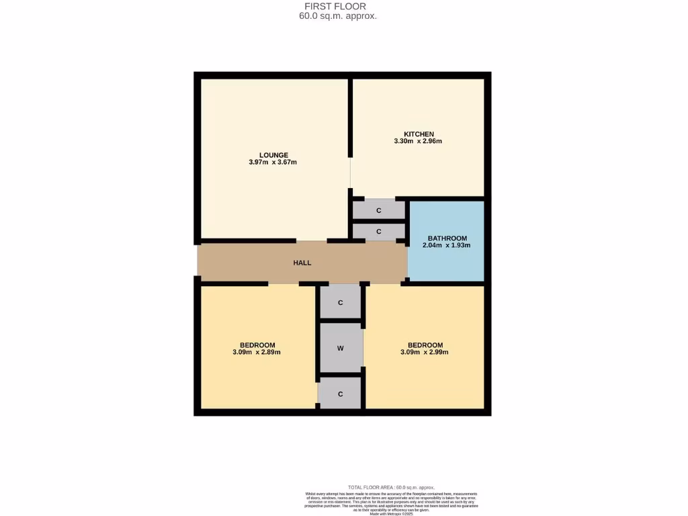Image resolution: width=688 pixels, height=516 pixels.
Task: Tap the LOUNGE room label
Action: click(273, 155)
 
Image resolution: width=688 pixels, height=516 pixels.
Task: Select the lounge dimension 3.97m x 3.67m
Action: click(273, 163)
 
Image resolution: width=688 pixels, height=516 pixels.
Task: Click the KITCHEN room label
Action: click(418, 134)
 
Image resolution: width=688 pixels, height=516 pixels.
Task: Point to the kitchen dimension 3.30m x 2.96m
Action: click(418, 141)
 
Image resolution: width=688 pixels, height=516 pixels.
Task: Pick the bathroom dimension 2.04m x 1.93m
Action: click(446, 246)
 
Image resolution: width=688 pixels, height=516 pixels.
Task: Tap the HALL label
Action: click(302, 263)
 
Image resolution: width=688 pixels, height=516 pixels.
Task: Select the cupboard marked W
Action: click(341, 348)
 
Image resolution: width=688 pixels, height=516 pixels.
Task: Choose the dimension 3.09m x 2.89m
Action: click(256, 352)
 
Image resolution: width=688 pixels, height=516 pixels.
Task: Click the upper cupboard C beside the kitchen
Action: click(379, 210)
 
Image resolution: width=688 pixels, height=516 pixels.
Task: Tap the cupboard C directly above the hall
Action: click(379, 232)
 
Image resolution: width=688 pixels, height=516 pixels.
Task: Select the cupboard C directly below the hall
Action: click(341, 302)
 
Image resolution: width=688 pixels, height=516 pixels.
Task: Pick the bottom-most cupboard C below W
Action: click(341, 394)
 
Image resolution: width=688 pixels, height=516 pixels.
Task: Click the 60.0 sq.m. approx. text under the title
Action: click(338, 16)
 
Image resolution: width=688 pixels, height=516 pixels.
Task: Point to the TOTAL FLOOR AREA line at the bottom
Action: click(391, 487)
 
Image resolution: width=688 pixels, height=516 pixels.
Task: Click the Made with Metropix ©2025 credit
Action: click(392, 513)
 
